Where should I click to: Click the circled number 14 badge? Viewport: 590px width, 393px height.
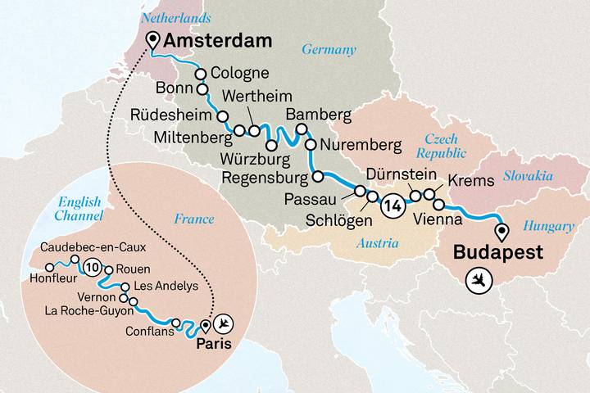click(393, 206)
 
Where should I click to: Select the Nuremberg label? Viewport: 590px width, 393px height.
click(361, 147)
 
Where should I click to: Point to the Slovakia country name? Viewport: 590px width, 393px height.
click(529, 176)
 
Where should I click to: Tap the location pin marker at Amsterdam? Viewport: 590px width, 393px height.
click(152, 40)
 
